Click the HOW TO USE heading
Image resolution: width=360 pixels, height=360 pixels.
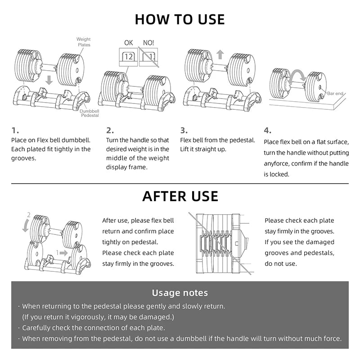coord(180,19)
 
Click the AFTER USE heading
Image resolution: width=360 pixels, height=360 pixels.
coord(180,196)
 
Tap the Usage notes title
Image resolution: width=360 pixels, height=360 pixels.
coord(180,293)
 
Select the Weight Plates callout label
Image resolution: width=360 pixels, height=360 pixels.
coord(83,42)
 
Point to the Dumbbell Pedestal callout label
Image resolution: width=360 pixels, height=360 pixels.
coord(90,113)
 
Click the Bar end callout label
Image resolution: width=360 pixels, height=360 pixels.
coord(335,94)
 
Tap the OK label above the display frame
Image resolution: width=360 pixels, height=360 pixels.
coord(128,43)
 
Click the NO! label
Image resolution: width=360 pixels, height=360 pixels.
coord(148,43)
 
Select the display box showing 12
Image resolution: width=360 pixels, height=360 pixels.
coord(128,57)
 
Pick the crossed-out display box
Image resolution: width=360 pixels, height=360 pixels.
coord(148,57)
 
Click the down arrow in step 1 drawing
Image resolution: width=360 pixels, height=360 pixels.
coord(49,81)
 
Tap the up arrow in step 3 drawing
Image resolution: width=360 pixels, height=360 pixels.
coord(220,54)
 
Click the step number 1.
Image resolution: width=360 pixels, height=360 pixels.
coord(15,130)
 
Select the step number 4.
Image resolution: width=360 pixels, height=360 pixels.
coord(267,130)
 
